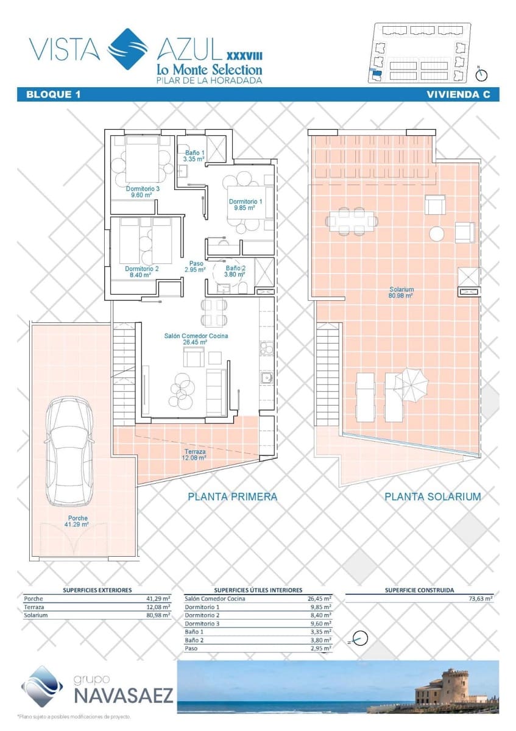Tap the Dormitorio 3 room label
(143, 192)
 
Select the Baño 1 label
(194, 156)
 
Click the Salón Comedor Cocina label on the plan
(196, 339)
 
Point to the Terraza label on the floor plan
(195, 454)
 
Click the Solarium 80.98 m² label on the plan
(401, 292)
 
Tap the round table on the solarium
(436, 234)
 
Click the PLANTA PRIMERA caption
(232, 496)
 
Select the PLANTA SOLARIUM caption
(433, 496)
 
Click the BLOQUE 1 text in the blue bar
(53, 94)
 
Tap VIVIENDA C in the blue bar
(458, 94)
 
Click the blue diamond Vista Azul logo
(128, 49)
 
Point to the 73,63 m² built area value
(480, 598)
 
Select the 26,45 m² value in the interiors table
(319, 598)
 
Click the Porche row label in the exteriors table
(34, 598)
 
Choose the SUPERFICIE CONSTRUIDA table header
(419, 590)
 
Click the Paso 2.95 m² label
(195, 266)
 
